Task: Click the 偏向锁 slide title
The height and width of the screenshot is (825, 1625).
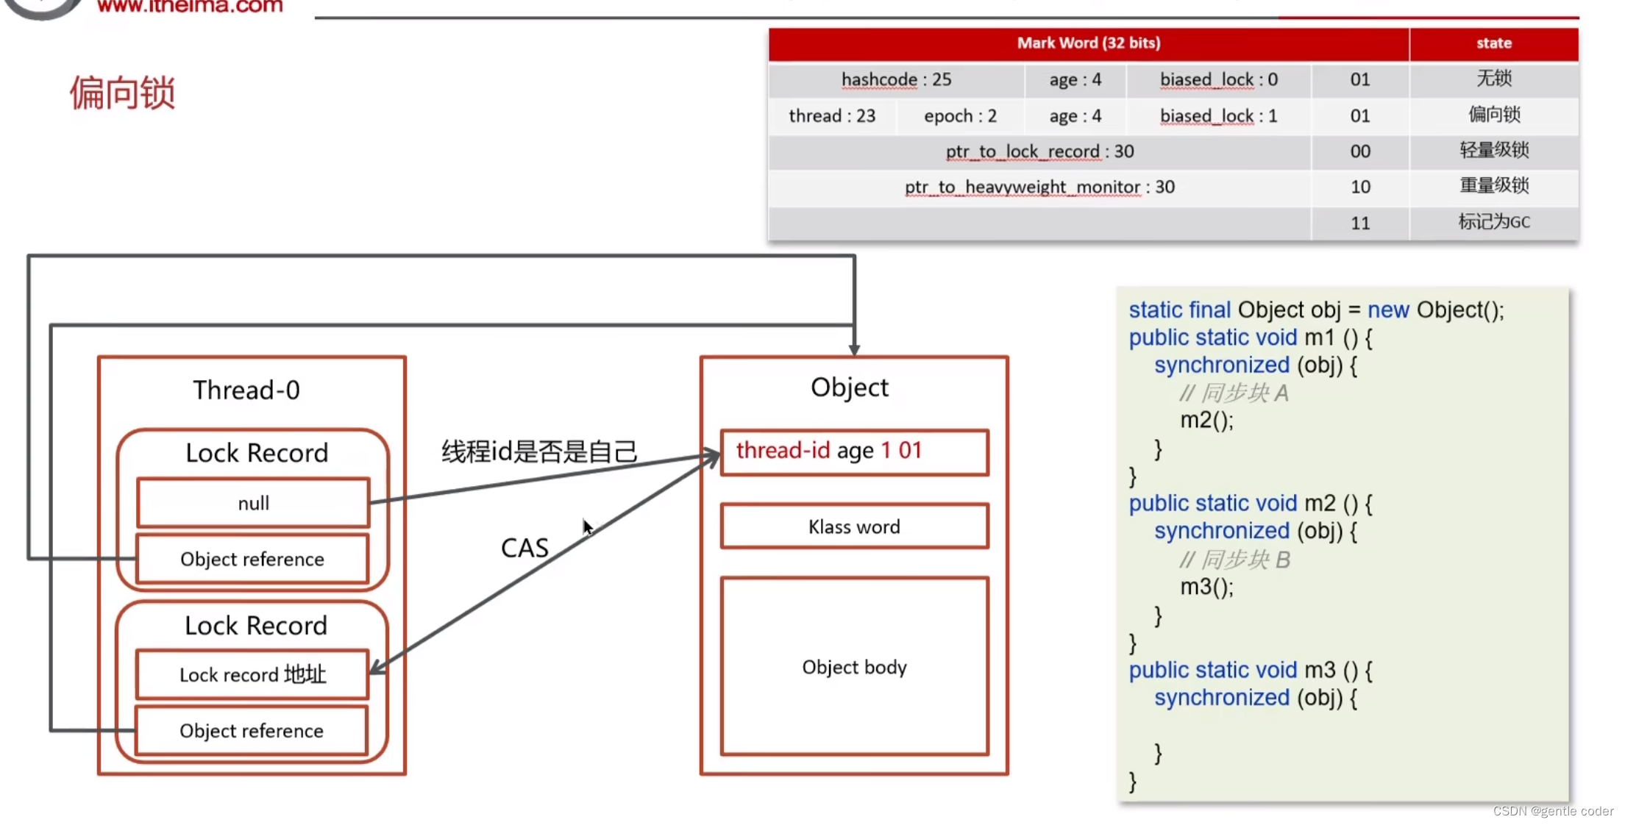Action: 122,93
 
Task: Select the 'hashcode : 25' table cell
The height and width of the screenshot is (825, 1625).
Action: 896,79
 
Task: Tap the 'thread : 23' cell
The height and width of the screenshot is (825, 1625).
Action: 832,116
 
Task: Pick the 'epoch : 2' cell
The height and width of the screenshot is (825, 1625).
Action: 960,116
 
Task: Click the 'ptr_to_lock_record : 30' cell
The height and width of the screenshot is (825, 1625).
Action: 1039,151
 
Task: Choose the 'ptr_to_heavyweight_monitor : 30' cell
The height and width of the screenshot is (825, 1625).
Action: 1039,187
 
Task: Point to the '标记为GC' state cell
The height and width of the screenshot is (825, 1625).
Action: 1493,222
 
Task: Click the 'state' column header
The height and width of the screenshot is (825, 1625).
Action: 1493,43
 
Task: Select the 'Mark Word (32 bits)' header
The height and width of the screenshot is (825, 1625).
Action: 1088,43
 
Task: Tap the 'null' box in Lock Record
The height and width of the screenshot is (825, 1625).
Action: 253,503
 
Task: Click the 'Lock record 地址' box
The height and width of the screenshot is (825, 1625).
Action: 252,674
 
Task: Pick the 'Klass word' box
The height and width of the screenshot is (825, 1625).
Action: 854,526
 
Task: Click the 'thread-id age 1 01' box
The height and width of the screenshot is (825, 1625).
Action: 854,451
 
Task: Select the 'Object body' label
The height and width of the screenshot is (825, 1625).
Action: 854,667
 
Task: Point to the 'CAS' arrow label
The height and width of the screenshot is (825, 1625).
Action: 525,548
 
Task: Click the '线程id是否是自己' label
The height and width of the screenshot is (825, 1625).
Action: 539,451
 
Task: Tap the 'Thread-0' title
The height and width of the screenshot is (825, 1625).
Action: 246,390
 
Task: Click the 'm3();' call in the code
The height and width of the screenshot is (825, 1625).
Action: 1206,587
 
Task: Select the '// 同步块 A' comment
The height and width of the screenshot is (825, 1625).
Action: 1234,393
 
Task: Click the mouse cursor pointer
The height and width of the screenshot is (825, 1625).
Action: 587,526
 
